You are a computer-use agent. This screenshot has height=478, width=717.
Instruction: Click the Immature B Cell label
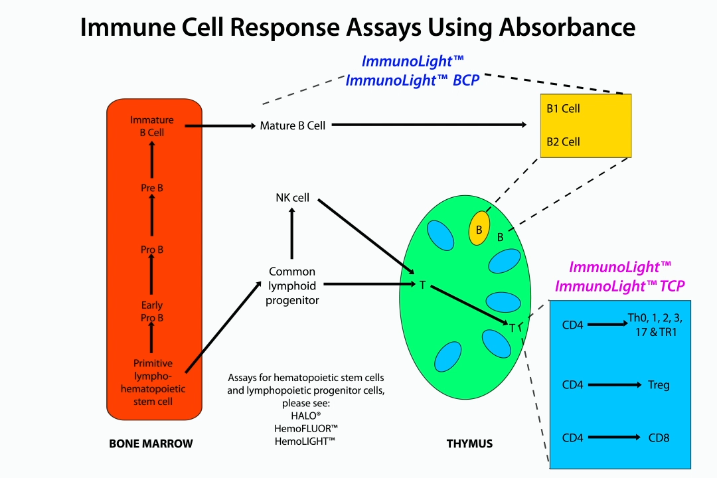tap(152, 126)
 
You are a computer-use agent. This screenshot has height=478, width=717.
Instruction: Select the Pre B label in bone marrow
tap(152, 188)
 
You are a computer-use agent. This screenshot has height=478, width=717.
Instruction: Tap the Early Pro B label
tap(152, 312)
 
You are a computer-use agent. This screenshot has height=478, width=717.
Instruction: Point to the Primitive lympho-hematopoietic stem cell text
tap(153, 382)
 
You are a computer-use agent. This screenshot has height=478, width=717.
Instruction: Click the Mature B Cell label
tap(293, 125)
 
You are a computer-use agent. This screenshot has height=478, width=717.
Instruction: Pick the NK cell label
tap(293, 198)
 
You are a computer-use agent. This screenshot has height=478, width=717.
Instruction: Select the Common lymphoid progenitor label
tap(292, 285)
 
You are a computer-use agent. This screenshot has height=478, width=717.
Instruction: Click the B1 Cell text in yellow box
tap(563, 109)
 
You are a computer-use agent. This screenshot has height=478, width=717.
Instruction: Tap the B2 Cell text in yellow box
tap(563, 141)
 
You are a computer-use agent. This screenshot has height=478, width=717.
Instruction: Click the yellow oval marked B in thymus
tap(479, 228)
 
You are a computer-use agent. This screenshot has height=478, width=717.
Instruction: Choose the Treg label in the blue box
tap(659, 385)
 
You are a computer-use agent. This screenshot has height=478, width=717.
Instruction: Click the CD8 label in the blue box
tap(659, 438)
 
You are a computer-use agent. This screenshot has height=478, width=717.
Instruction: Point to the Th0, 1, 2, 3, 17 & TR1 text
tap(655, 325)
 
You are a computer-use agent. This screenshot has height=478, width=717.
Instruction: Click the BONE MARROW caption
tap(151, 443)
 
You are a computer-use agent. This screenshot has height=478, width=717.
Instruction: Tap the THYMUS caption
tap(469, 443)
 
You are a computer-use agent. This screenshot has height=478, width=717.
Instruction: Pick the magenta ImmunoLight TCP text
tap(619, 286)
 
